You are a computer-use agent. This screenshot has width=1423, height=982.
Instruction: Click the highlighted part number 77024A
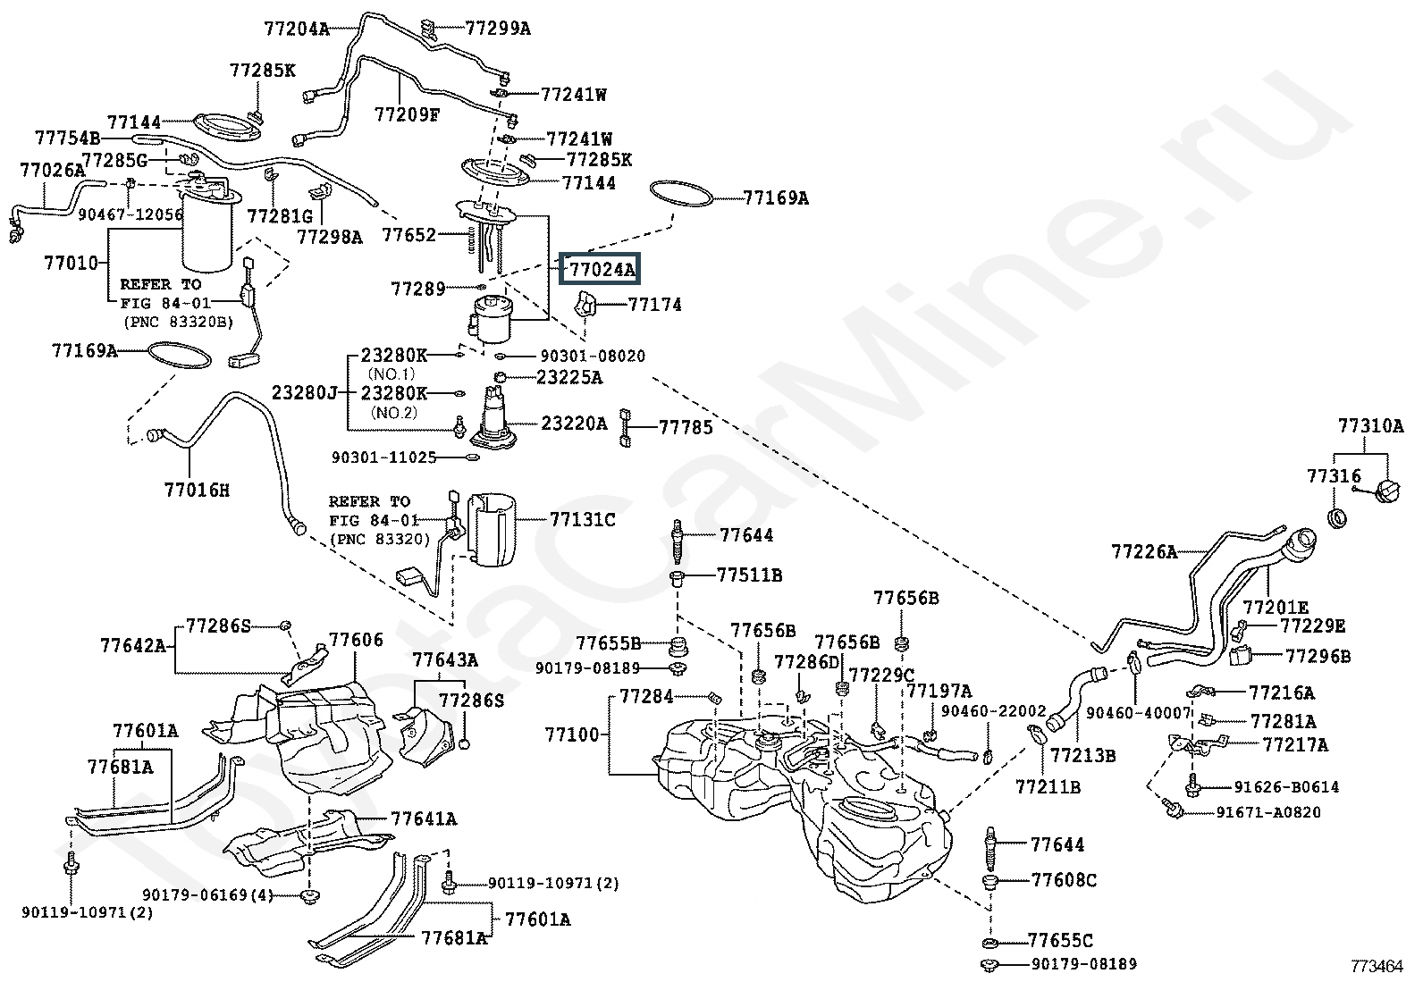[x=601, y=269]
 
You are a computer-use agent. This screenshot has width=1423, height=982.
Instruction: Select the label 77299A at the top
[x=497, y=29]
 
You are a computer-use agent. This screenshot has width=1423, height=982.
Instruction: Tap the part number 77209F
[x=407, y=114]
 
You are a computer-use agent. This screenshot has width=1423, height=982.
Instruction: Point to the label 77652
[x=409, y=235]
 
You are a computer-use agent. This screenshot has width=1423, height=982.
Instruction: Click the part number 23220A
[x=574, y=423]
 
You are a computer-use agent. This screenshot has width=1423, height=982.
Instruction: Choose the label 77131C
[x=583, y=519]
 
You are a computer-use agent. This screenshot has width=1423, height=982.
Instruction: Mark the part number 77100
[x=572, y=734]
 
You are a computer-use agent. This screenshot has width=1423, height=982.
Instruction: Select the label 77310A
[x=1371, y=425]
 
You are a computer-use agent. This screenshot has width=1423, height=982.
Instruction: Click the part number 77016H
[x=197, y=490]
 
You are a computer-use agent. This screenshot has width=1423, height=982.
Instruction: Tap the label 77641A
[x=424, y=818]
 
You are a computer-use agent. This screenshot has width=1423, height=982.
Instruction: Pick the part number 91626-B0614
[x=1286, y=787]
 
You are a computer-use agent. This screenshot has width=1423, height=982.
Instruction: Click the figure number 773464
[x=1377, y=966]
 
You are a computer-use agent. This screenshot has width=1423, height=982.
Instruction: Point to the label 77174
[x=655, y=305]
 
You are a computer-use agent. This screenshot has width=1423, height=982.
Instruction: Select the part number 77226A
[x=1144, y=551]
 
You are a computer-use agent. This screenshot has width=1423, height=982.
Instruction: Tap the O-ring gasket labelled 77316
[x=1337, y=517]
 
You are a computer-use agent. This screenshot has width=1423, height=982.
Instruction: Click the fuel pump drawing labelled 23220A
[x=493, y=418]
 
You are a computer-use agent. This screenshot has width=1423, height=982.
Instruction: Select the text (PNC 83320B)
[x=178, y=322]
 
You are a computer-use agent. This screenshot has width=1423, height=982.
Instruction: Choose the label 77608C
[x=1064, y=880]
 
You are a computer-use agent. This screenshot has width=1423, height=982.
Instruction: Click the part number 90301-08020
[x=593, y=356]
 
